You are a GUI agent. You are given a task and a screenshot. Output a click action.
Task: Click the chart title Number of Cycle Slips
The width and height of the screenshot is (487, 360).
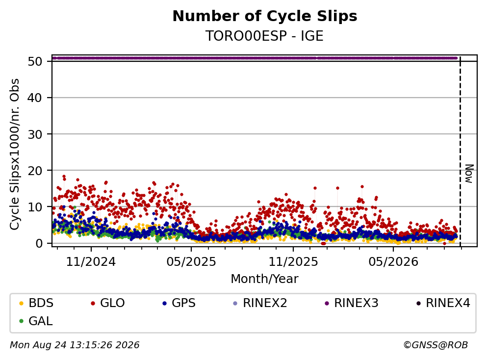265,16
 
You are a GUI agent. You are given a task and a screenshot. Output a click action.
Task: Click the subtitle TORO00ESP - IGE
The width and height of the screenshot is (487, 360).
264,36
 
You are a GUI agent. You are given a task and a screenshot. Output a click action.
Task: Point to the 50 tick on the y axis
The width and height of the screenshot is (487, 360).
35,61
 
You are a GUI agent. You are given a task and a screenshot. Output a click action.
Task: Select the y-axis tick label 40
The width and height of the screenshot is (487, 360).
35,98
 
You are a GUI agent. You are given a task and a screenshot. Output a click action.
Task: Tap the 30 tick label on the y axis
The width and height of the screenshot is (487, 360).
35,134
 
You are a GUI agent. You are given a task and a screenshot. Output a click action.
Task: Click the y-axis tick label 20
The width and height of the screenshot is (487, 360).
35,171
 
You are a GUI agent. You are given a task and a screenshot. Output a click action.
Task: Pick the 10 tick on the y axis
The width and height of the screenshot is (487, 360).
35,207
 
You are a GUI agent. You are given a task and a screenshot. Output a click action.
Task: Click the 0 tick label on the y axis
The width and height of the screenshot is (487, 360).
39,243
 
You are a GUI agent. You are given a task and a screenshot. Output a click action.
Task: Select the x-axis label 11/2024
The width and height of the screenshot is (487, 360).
91,262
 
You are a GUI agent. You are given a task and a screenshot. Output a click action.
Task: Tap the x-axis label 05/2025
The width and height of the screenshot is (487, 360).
191,262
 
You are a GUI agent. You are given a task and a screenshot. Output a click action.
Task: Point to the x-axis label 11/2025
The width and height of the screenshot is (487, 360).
293,262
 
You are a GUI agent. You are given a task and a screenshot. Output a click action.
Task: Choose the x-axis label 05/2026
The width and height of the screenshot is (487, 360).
393,262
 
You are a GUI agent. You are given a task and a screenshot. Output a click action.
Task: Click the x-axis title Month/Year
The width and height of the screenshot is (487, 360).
264,279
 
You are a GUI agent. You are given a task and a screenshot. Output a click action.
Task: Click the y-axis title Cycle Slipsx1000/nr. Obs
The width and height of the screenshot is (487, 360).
14,154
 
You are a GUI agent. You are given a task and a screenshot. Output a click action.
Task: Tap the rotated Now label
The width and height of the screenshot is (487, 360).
469,174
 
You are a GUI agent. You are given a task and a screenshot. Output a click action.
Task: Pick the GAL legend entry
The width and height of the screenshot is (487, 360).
36,321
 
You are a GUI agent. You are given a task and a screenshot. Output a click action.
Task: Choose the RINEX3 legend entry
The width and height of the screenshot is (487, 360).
352,303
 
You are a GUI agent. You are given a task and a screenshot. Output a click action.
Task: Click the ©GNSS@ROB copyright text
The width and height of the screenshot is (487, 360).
436,345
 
